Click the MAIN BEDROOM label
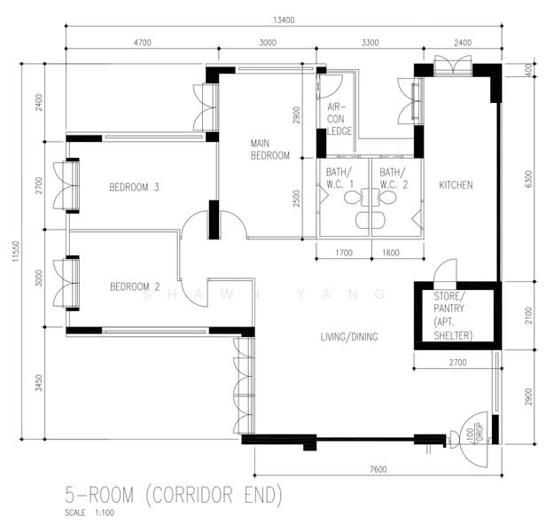coord(269,150)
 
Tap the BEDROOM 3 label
coord(134,187)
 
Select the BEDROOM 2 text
coord(135,286)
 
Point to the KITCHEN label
coord(456,185)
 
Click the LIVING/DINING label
coord(349,337)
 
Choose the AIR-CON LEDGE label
coord(339,119)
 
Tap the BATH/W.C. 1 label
coord(339,178)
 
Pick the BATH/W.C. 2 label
coord(394,178)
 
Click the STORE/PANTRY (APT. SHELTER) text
coord(453,316)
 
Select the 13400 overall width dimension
coord(284,20)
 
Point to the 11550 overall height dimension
coord(16,251)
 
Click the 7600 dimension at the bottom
coord(378,469)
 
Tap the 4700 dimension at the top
coord(143,43)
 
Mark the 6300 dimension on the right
coord(528,179)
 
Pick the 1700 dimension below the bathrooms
coord(344,253)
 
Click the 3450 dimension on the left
coord(39,383)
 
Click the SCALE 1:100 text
coord(90,512)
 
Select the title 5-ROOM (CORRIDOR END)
coord(174,495)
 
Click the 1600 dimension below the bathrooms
coord(391,253)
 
